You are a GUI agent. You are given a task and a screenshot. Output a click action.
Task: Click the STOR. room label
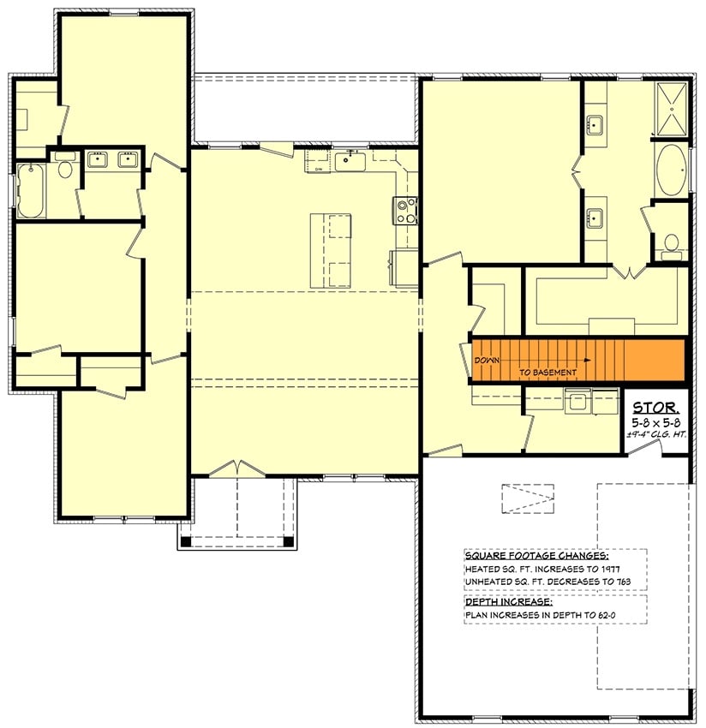657,407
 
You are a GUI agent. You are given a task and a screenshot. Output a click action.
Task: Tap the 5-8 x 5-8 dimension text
657,422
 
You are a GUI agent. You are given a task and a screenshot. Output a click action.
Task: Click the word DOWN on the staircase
488,361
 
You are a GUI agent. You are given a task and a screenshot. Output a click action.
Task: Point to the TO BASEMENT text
547,373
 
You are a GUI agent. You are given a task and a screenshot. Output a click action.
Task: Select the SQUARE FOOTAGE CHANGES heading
525,554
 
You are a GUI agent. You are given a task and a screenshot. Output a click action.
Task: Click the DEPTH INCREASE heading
504,601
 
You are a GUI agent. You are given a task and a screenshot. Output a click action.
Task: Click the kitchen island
331,250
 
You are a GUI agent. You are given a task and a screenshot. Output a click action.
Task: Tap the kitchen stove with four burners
405,210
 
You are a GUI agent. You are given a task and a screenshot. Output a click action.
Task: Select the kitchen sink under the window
350,160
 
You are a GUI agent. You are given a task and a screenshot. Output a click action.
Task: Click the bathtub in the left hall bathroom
31,190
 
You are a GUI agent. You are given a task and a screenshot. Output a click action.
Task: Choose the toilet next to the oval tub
671,244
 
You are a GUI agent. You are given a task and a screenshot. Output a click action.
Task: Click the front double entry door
239,469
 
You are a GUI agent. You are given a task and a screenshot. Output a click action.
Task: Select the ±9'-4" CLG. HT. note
657,435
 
